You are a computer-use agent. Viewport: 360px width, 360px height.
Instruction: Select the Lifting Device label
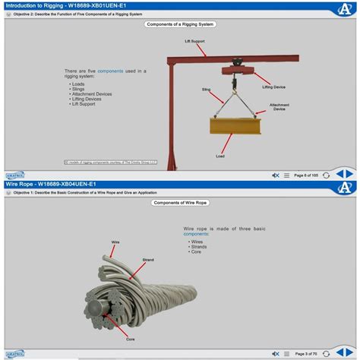274,87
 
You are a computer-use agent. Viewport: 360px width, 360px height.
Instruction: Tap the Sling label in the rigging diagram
206,89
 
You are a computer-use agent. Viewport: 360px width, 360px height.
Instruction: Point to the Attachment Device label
279,107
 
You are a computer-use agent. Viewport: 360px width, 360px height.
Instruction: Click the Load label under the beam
220,156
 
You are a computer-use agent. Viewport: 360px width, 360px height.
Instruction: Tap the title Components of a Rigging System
180,24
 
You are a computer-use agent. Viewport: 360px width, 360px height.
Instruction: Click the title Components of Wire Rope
180,203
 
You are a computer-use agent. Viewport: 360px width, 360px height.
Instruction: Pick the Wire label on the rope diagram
115,242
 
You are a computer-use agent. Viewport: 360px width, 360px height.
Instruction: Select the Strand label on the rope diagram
149,260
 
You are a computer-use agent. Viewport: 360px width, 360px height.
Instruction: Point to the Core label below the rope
130,339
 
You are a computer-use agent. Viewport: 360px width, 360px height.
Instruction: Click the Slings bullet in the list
79,89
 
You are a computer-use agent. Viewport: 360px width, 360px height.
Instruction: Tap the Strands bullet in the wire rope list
200,245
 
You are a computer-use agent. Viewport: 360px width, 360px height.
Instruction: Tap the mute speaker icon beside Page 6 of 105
275,175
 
